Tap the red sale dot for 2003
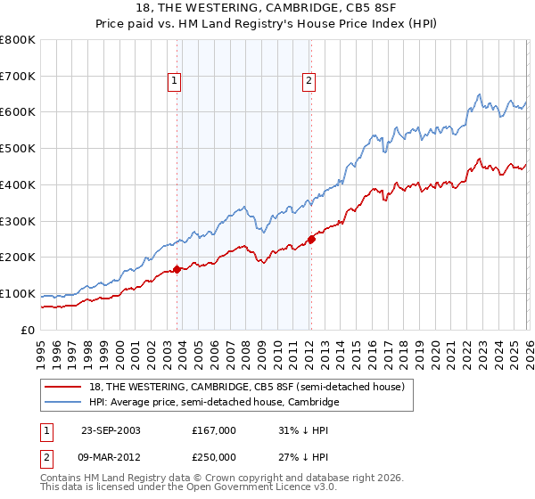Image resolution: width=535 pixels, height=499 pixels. (x=177, y=268)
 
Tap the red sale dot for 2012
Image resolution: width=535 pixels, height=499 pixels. (x=311, y=238)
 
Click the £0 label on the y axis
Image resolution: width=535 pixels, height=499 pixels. (x=29, y=331)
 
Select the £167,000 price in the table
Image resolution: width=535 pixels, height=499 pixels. (x=214, y=429)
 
